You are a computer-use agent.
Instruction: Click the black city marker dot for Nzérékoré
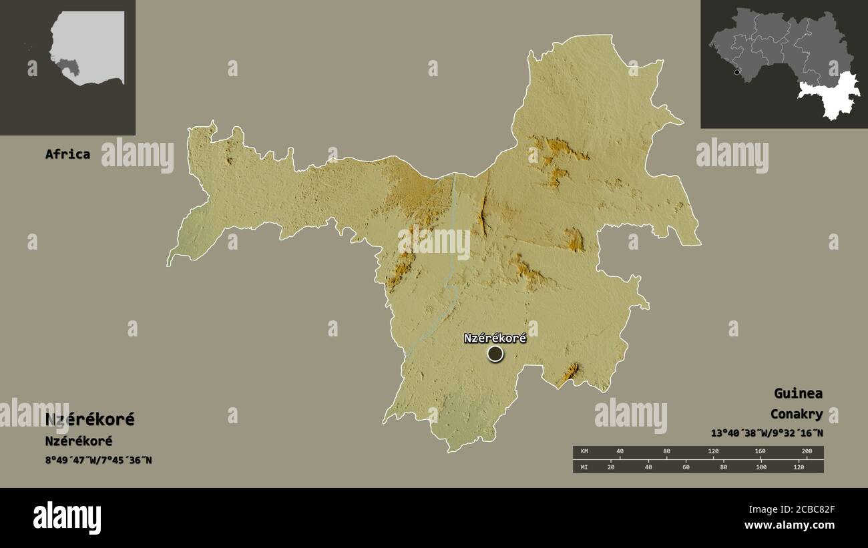tap(495, 354)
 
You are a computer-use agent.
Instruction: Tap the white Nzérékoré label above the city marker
tap(495, 338)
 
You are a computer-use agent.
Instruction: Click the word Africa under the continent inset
tap(67, 154)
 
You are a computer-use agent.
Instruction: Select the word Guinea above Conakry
tap(798, 393)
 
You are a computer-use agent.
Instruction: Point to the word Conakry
tap(796, 415)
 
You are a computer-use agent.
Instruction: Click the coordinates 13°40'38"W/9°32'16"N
tap(767, 433)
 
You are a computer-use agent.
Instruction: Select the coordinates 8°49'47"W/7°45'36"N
tap(99, 460)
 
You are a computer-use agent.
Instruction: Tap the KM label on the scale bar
tap(584, 452)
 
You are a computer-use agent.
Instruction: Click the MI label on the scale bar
tap(584, 467)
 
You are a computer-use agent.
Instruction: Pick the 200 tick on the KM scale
tap(806, 452)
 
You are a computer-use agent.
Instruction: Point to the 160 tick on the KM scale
tap(760, 452)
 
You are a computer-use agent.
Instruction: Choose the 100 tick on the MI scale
tap(761, 467)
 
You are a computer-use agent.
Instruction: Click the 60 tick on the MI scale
tap(686, 467)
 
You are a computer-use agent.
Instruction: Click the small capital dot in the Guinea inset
tap(736, 72)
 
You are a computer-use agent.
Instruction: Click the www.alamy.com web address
tap(790, 525)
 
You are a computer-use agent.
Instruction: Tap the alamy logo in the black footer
tap(67, 518)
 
